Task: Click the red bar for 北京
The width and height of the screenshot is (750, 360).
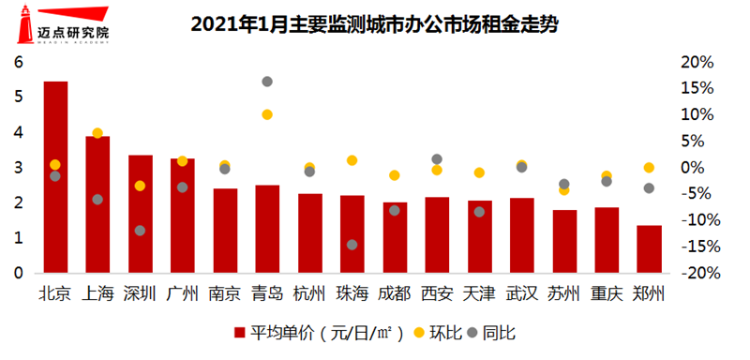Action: coord(55,178)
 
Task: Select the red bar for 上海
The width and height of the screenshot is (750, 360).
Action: coord(97,204)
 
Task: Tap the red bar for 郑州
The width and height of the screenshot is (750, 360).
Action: coord(649,249)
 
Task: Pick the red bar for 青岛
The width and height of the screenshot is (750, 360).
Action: coord(267,229)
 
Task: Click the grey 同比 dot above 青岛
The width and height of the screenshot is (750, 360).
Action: coord(267,82)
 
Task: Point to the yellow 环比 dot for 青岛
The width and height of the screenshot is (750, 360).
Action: coord(267,114)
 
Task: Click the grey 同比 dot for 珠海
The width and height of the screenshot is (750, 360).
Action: coord(352,245)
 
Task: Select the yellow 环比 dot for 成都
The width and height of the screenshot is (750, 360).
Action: coord(395,175)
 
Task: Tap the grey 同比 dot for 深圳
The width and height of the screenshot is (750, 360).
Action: coord(140,231)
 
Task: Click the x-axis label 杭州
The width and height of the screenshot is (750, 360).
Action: coord(310,292)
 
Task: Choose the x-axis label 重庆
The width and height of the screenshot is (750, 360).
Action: coord(607,292)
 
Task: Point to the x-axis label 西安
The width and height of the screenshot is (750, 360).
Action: coord(437,292)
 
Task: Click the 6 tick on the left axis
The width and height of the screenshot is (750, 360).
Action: coord(17,63)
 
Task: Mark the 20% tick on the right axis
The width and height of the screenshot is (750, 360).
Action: coord(697,63)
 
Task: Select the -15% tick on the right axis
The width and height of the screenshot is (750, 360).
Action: coord(697,247)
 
